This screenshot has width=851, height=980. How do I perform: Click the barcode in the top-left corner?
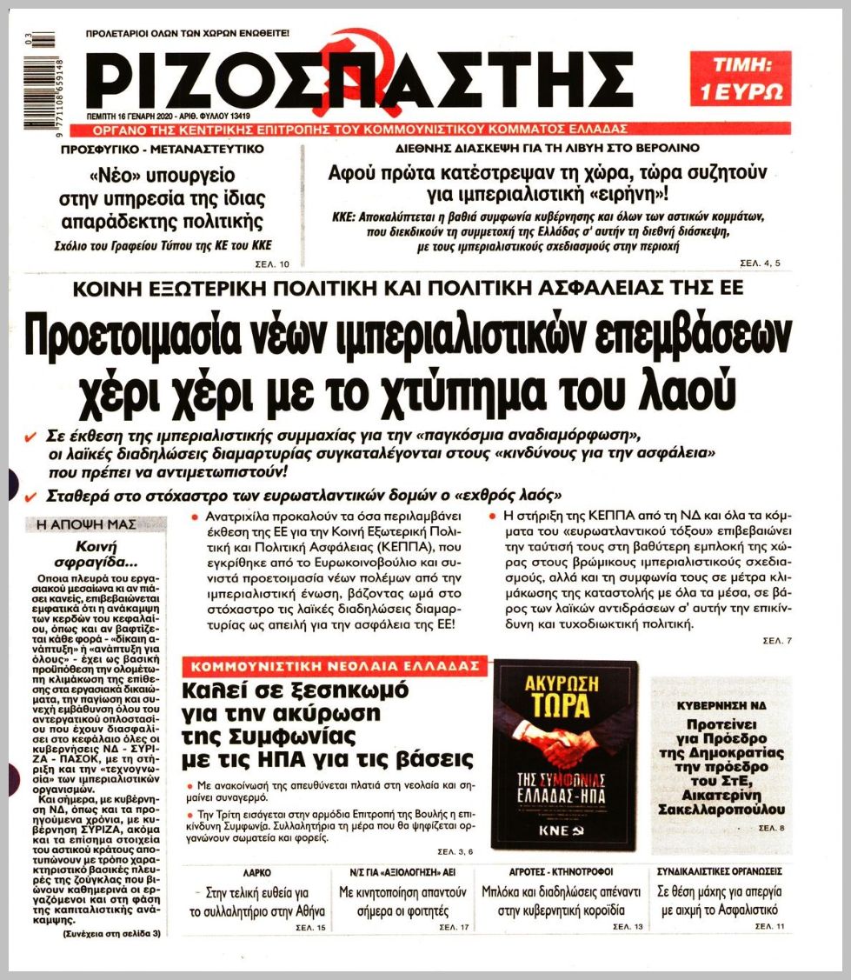pos(40,81)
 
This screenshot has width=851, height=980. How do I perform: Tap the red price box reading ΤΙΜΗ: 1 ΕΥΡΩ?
pos(740,78)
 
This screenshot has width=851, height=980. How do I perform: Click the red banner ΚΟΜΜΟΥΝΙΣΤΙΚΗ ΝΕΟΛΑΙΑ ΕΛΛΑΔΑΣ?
pos(333,666)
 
